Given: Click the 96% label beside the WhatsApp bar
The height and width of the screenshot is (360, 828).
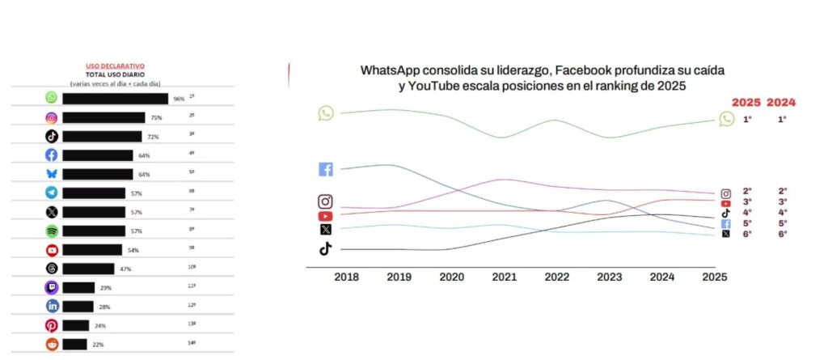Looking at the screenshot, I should (179, 99).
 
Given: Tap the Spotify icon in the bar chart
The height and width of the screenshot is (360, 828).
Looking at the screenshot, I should (51, 231).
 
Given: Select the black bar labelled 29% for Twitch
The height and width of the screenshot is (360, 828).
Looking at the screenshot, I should (78, 287).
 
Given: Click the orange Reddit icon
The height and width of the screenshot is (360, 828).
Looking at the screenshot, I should (51, 344).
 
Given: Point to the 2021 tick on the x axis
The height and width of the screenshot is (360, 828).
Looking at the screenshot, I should (504, 277).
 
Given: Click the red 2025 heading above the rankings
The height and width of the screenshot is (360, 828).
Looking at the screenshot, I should (746, 103).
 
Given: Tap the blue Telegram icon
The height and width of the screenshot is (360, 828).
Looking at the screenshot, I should (51, 193).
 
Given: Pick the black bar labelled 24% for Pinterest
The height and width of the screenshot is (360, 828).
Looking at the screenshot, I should (75, 325).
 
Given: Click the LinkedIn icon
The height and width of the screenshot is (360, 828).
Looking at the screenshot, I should (51, 306).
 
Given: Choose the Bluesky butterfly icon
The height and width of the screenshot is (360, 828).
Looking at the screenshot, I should (51, 174).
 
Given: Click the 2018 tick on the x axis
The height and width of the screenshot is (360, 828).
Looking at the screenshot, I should (346, 277).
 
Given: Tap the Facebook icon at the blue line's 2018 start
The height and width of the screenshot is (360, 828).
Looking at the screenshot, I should (326, 169).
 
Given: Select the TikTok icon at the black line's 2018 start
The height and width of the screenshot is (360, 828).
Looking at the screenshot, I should (325, 248).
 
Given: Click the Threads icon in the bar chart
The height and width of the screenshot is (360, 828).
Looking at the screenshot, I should (51, 269).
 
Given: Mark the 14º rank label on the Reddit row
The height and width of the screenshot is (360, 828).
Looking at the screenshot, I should (192, 342).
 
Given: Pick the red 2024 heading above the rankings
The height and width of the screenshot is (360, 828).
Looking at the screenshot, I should (782, 103).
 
